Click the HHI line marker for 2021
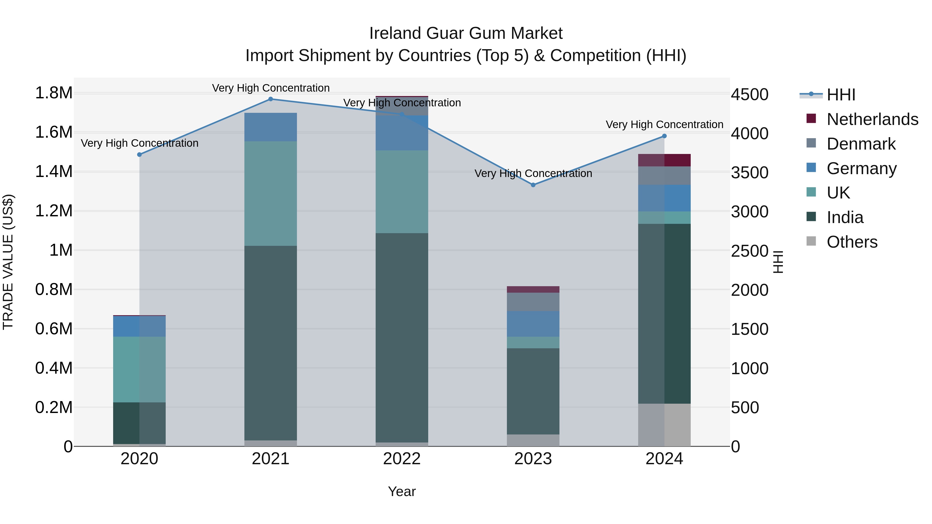[x=271, y=99]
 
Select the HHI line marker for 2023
[x=533, y=185]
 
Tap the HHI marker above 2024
[x=664, y=136]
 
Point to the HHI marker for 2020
[x=140, y=154]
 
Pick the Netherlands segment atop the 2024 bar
[x=664, y=160]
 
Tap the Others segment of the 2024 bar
[x=664, y=425]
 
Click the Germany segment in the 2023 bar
[x=533, y=324]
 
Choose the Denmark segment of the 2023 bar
[x=533, y=302]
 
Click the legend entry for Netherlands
[x=872, y=119]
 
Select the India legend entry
[x=845, y=218]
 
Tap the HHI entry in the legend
[x=841, y=95]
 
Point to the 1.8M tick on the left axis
[x=54, y=93]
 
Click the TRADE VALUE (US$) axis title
[x=8, y=262]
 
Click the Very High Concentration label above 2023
[x=533, y=174]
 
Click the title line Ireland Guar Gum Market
[x=466, y=33]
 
